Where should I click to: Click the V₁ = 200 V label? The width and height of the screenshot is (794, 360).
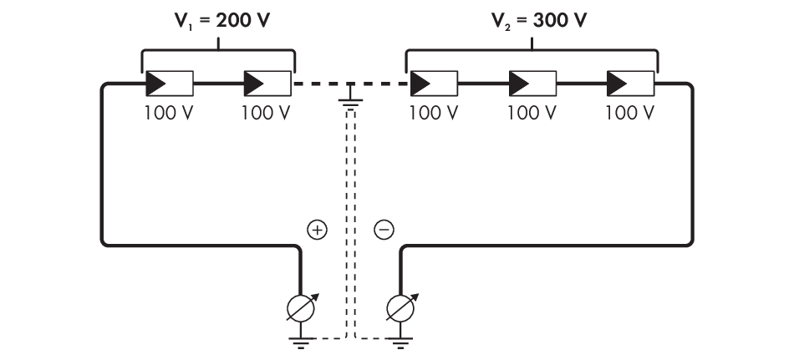coord(219,21)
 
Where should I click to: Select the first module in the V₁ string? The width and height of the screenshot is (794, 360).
coord(170,84)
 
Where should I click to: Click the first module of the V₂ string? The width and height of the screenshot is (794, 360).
coord(434,84)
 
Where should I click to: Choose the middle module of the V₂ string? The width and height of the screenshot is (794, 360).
coord(532,84)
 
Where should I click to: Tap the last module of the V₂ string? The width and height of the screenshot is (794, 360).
coord(630,84)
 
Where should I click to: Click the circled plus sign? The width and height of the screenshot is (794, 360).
coord(318,230)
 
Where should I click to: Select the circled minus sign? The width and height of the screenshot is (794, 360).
coord(384,230)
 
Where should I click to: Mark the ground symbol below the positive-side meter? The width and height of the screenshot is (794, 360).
coord(300,341)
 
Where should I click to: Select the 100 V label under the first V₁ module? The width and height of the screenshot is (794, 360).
coord(170,113)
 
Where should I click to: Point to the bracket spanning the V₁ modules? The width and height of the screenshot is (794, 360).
coord(219,52)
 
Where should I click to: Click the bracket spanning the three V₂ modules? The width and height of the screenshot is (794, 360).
coord(532,52)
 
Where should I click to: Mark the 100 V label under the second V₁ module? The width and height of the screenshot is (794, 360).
coord(266,113)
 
